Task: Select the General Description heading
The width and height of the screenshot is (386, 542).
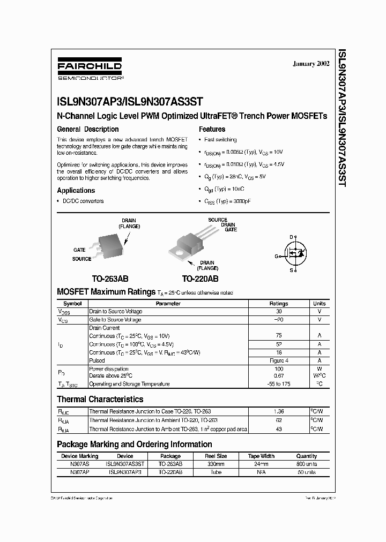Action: click(87, 129)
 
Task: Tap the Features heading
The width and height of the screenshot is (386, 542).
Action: click(212, 129)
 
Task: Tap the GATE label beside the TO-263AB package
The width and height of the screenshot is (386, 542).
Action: click(79, 250)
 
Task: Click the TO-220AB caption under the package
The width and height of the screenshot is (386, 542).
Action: click(199, 279)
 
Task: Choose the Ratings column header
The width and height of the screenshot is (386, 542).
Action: click(278, 304)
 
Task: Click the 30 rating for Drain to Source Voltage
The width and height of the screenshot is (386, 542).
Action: click(278, 312)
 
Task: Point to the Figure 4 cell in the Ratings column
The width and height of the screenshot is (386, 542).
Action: click(278, 360)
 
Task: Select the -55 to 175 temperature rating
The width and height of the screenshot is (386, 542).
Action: click(278, 384)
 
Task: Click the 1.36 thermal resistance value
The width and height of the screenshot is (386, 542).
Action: click(278, 412)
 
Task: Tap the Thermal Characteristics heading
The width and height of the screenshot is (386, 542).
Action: click(100, 399)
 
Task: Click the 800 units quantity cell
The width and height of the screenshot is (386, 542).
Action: click(306, 464)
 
